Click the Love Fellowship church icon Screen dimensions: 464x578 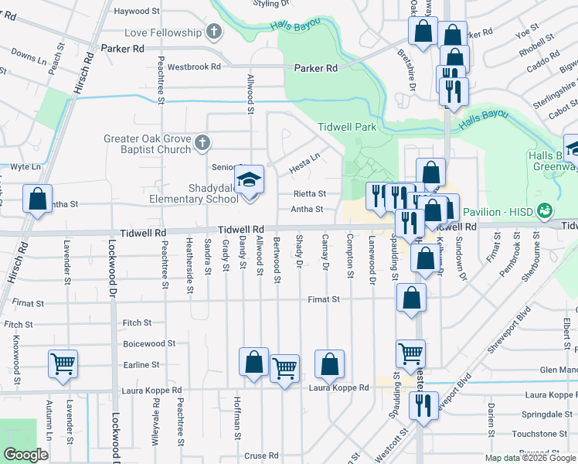(x=214, y=32)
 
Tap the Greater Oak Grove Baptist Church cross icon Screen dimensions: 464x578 (x=202, y=142)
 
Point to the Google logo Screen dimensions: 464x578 (x=25, y=455)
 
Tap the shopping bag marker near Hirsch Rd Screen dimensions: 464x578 (x=37, y=200)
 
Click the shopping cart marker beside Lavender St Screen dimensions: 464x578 (x=63, y=364)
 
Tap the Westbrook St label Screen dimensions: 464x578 (x=190, y=67)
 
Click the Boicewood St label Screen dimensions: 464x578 (x=149, y=343)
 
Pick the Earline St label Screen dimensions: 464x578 (x=141, y=364)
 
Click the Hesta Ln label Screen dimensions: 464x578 (x=304, y=164)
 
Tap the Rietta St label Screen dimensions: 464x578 (x=309, y=194)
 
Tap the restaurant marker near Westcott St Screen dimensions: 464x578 (x=423, y=408)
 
